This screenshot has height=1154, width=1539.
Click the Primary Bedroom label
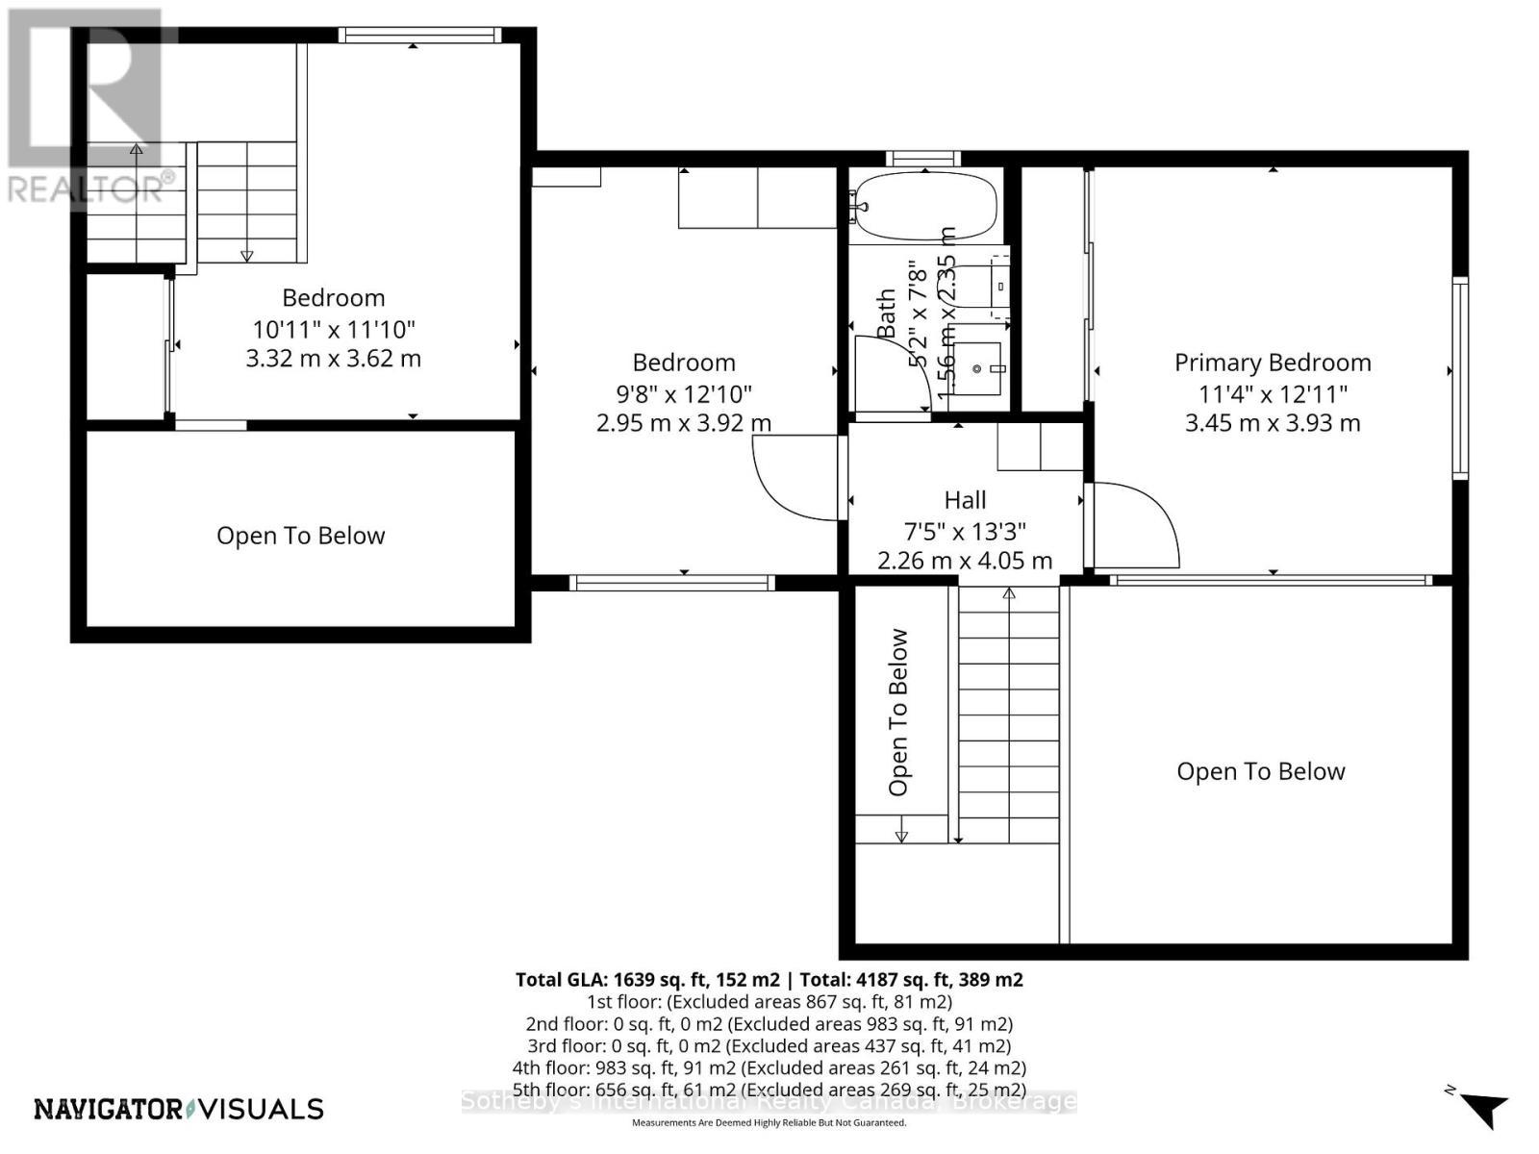click(x=1272, y=363)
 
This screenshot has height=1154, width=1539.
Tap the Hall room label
click(x=965, y=500)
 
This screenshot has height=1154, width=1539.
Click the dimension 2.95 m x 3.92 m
click(x=683, y=423)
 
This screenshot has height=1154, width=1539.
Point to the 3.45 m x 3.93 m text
click(x=1272, y=423)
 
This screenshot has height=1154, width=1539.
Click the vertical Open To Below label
click(x=898, y=712)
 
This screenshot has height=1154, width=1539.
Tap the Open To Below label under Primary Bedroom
click(x=1260, y=771)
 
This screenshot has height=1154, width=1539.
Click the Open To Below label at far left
click(x=300, y=536)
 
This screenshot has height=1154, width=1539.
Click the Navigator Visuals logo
click(x=179, y=1109)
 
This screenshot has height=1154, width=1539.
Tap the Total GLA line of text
click(x=769, y=980)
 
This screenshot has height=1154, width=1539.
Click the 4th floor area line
click(x=769, y=1067)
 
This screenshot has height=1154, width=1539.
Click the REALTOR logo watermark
click(x=87, y=106)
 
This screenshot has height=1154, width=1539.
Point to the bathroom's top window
click(x=922, y=159)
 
